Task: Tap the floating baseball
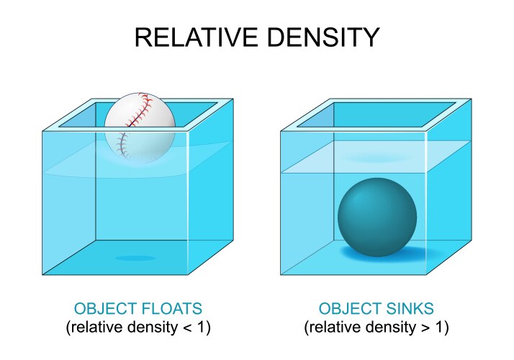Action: pyautogui.click(x=140, y=123)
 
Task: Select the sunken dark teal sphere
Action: pyautogui.click(x=377, y=217)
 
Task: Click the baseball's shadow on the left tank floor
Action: pyautogui.click(x=135, y=258)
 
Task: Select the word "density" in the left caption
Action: pyautogui.click(x=158, y=328)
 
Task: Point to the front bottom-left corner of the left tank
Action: pyautogui.click(x=43, y=275)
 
